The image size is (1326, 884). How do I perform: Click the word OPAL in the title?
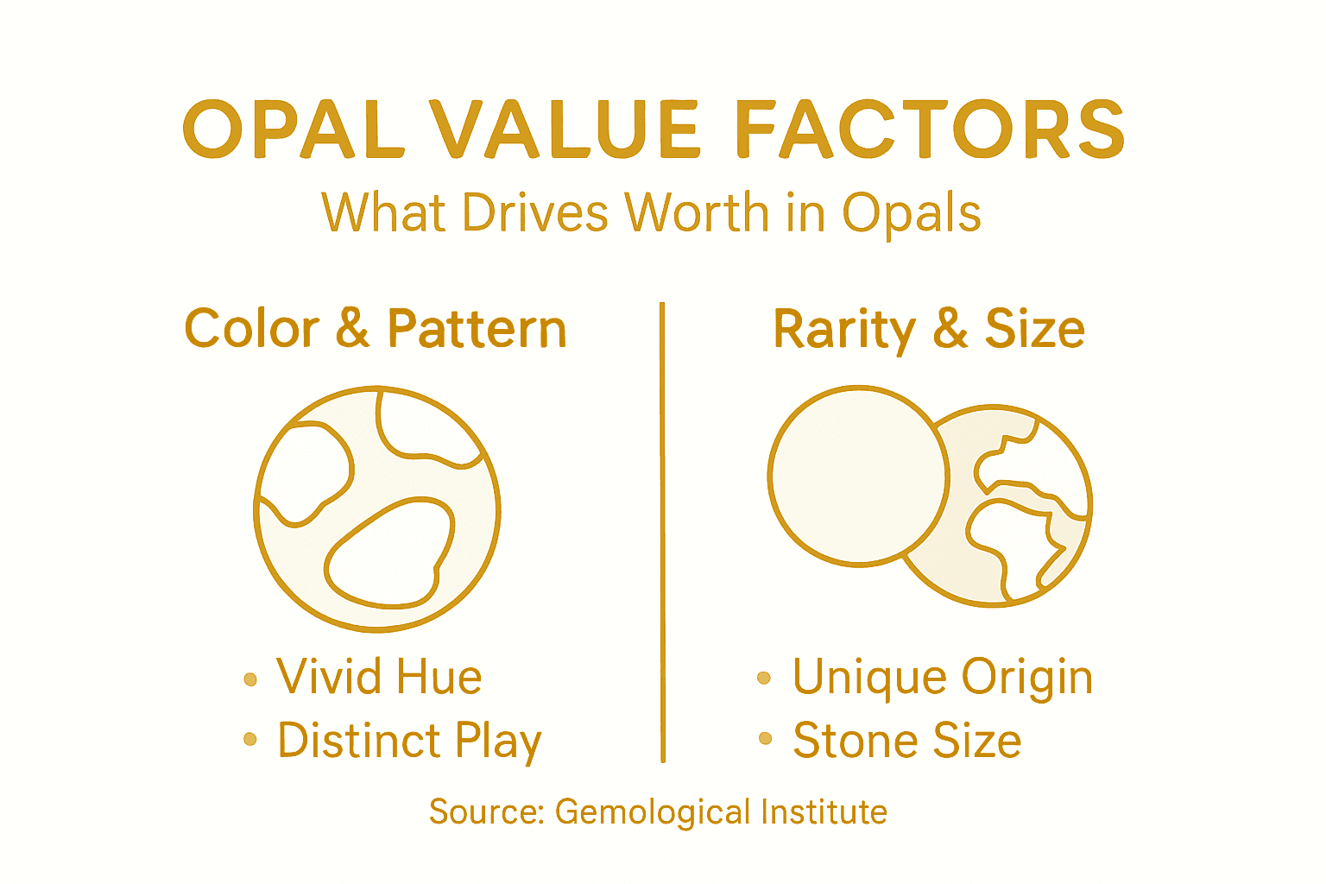click(294, 130)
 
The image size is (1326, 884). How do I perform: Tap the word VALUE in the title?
click(565, 130)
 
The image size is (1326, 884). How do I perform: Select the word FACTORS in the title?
click(932, 130)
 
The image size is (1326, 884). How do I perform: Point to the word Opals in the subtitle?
click(912, 214)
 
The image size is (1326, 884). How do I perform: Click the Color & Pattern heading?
click(376, 329)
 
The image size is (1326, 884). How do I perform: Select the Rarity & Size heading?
click(929, 329)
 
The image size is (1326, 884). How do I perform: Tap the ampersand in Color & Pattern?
click(352, 329)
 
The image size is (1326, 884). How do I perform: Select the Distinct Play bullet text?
click(409, 742)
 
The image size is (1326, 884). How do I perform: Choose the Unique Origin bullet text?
click(942, 677)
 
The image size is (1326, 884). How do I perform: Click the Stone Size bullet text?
click(906, 741)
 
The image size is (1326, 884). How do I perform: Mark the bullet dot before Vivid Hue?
click(250, 679)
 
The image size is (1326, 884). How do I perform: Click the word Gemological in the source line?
click(641, 812)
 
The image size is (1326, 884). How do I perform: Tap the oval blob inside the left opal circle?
click(388, 553)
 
